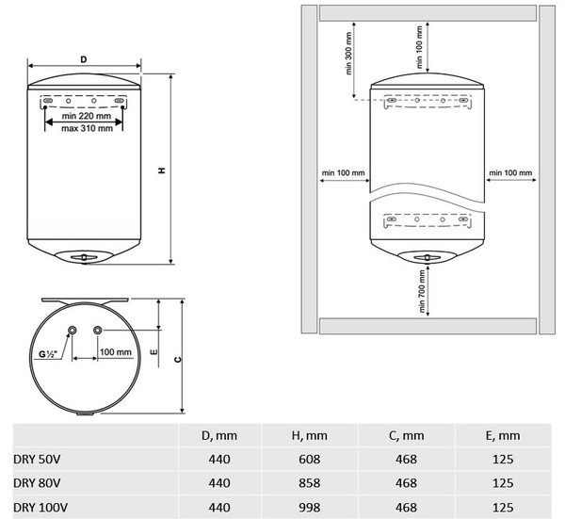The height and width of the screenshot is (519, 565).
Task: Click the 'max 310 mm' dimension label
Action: (84, 129)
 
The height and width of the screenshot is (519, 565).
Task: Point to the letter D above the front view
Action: (84, 59)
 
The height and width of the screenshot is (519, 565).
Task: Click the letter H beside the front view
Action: (162, 170)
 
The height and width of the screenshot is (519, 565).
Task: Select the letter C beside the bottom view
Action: (177, 359)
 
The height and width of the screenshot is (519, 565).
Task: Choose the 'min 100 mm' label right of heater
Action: (509, 173)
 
